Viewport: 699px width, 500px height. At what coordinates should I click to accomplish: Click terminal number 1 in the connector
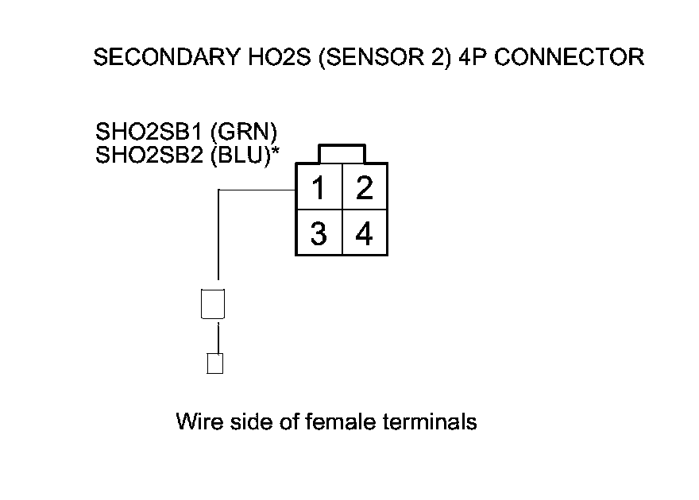319,189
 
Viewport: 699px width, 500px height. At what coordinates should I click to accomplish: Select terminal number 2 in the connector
365,189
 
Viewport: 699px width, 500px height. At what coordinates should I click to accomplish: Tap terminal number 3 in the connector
319,235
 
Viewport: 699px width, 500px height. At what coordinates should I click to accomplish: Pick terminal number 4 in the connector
365,235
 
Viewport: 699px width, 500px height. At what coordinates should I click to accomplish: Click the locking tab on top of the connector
342,154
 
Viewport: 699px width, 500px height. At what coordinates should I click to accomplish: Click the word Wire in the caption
195,421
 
